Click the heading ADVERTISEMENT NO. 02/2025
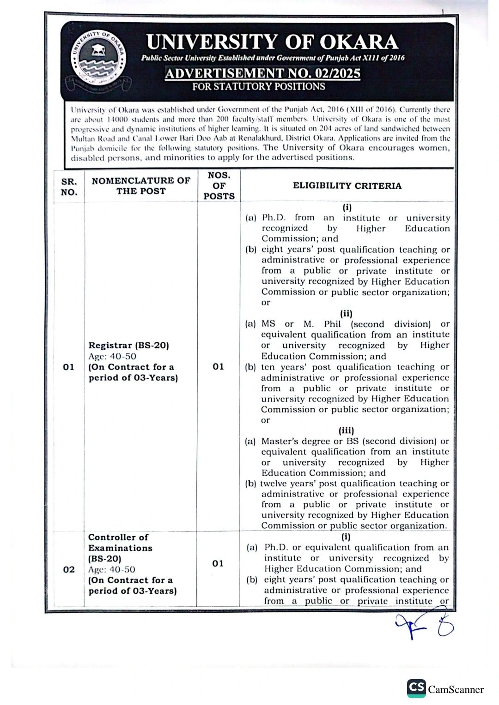(x=262, y=73)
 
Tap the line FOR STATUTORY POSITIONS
(x=259, y=87)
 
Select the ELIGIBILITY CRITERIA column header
(x=347, y=185)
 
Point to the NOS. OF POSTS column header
(x=219, y=185)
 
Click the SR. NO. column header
(x=69, y=187)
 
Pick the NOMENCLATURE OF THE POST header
(x=141, y=185)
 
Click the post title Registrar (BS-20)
(x=129, y=345)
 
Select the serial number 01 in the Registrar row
(x=69, y=367)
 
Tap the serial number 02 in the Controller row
(x=69, y=569)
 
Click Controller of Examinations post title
(x=120, y=543)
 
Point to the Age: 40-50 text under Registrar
(x=112, y=356)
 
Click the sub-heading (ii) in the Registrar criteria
(x=346, y=314)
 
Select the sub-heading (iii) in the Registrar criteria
(x=346, y=430)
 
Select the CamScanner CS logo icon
(x=416, y=688)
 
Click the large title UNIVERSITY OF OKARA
(x=272, y=42)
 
